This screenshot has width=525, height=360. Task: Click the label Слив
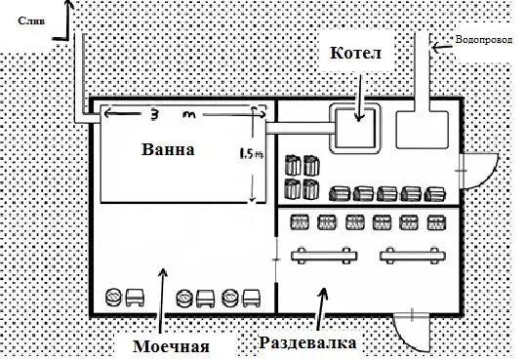coord(31,21)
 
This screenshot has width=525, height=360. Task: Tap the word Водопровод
coord(483,40)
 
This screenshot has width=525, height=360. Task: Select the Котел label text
coord(355,53)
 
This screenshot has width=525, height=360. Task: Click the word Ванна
coord(168,149)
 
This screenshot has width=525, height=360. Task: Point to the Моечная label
coord(171,346)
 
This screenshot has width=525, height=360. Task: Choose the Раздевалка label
coord(307,342)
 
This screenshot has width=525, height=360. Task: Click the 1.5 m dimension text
coord(251,154)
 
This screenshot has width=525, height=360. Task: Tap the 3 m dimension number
coord(153,115)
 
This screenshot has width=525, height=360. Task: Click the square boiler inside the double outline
coord(355,128)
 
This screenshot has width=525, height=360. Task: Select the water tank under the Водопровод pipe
coord(423,130)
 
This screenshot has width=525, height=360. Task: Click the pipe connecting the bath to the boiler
coord(301,128)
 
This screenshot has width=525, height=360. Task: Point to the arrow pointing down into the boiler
coord(360,98)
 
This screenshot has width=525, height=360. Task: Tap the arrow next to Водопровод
coord(442,47)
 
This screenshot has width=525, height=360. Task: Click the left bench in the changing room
coord(324,257)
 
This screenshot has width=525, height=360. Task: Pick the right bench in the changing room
coord(413,257)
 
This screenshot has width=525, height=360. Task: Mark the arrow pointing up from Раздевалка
coord(321,308)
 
